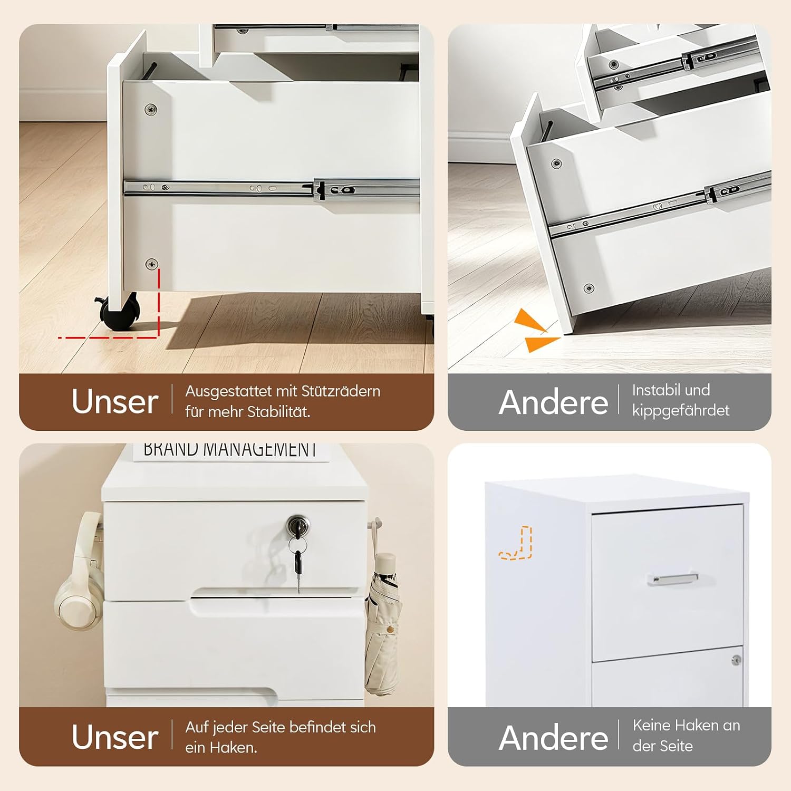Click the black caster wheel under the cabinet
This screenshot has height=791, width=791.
pos(120,312)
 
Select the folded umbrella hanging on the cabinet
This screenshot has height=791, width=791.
pos(381,622)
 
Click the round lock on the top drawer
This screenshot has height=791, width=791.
pos(298,526)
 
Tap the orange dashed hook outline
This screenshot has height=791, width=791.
pos(516,543)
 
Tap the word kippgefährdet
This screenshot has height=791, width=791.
pos(681,410)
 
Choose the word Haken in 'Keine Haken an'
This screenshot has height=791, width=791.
pos(698,726)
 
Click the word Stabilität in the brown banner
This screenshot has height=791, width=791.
pos(278,411)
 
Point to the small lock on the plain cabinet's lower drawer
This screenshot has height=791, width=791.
pos(736,660)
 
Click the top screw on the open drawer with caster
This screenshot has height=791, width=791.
pos(151,110)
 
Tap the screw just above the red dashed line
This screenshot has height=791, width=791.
pos(152,264)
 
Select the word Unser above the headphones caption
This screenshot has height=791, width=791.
pos(115,737)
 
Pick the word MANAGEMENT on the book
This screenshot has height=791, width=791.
pos(261,449)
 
